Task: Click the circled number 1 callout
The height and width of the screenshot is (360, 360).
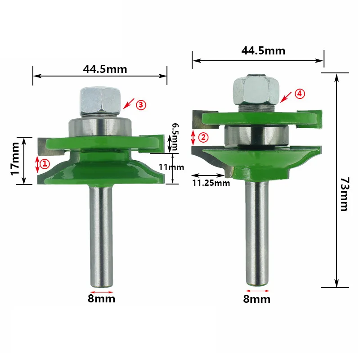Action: pos(45,164)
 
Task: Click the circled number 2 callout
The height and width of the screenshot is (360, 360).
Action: pos(203,137)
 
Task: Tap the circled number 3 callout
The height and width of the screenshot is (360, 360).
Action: pos(141,105)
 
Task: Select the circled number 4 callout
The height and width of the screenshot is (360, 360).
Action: pos(300,94)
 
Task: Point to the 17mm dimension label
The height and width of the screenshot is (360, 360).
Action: pos(15,159)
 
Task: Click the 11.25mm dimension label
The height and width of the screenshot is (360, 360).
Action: pos(211,183)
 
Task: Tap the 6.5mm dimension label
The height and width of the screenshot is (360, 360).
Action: pos(175,137)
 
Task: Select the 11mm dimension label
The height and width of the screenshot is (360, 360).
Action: pos(171,167)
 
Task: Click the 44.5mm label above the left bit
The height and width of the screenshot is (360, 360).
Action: pos(105,69)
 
